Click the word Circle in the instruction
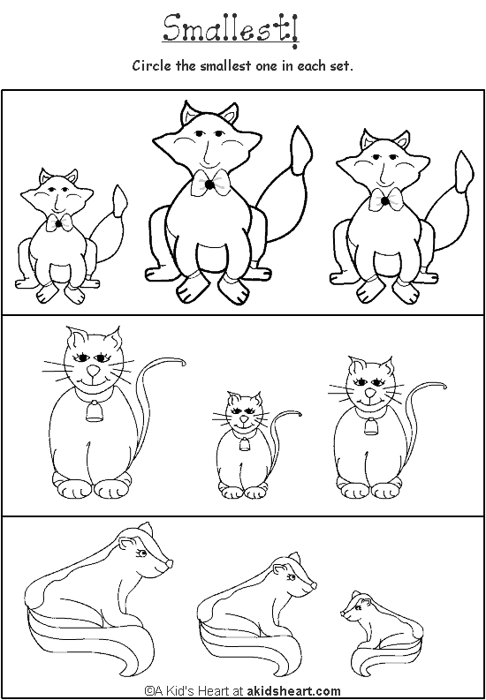(x=151, y=66)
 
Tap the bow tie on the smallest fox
(x=59, y=223)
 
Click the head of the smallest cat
(x=241, y=410)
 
